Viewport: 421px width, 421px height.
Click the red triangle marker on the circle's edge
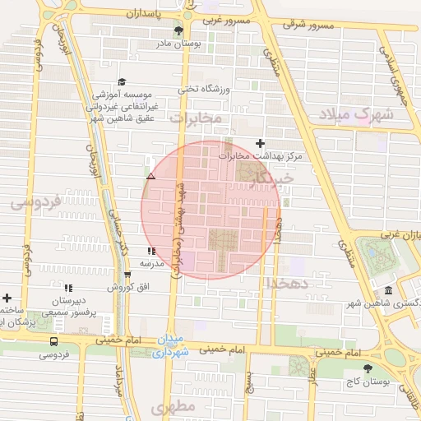click(x=150, y=177)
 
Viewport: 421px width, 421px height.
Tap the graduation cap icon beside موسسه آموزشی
click(x=123, y=81)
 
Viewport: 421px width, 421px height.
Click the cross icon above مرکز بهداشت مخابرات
click(x=261, y=143)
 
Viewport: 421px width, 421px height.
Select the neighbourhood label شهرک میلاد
click(x=357, y=114)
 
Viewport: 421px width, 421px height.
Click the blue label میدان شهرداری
click(x=171, y=347)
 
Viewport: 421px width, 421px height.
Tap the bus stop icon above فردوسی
click(x=53, y=341)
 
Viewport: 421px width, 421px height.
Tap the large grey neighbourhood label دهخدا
click(x=285, y=282)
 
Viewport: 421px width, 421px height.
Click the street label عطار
click(x=313, y=377)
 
